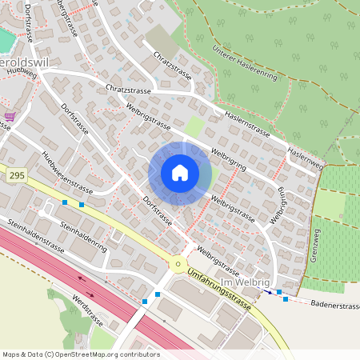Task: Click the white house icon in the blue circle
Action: tap(180, 173)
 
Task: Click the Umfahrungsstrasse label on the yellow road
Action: tap(218, 290)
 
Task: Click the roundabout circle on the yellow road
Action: tap(177, 265)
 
